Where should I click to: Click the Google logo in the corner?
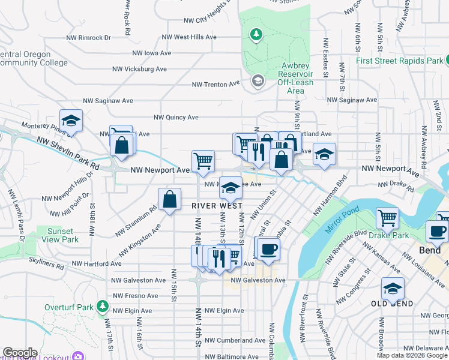tap(20, 353)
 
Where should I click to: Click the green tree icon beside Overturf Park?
tap(103, 307)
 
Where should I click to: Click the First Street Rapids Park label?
tap(399, 61)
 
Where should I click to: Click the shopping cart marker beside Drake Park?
tap(387, 219)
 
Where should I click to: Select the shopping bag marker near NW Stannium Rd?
tap(170, 199)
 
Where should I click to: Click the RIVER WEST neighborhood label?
tap(217, 205)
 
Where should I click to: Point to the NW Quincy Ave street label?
tap(176, 118)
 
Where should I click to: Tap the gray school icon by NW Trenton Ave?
tap(258, 81)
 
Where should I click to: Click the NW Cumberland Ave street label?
tap(235, 340)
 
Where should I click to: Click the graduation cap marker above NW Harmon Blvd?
tap(324, 155)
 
